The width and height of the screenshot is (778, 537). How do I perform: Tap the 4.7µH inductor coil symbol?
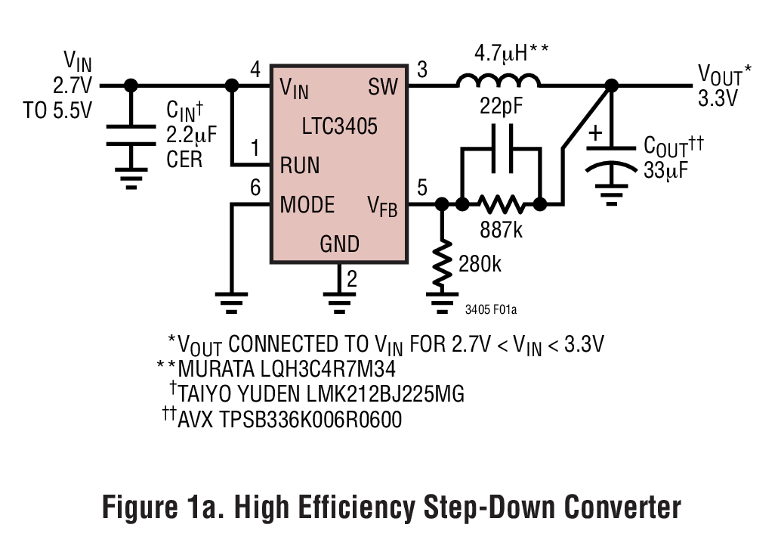[499, 82]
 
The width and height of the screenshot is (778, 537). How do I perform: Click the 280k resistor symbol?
[443, 262]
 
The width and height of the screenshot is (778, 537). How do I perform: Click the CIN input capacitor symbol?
[131, 135]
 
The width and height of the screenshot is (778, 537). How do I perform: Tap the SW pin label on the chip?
[383, 87]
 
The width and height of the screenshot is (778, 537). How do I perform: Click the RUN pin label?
[300, 165]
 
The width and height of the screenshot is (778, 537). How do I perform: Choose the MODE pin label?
[307, 205]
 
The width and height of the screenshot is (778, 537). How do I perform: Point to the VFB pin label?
[382, 206]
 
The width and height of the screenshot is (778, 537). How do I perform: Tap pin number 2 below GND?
[351, 279]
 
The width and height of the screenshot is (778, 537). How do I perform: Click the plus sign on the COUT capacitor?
[595, 135]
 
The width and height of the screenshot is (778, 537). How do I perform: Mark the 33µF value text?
[665, 169]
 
